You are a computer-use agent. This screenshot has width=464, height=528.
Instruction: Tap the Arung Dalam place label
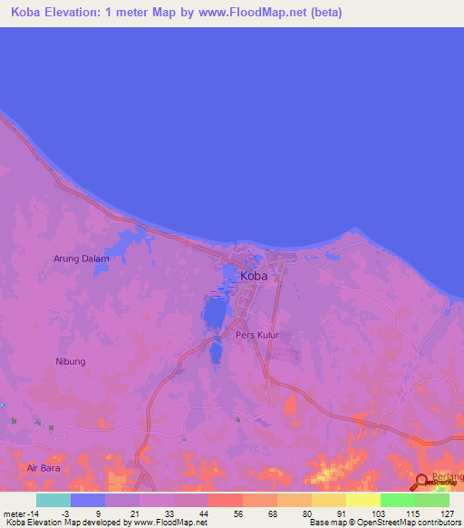pos(82,259)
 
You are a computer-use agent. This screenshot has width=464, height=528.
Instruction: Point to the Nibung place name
pos(71,361)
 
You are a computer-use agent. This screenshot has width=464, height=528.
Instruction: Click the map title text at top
pos(177,13)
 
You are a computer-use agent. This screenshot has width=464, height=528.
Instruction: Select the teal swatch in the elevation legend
pos(53,500)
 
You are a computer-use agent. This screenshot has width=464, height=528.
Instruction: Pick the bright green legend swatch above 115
pos(397,500)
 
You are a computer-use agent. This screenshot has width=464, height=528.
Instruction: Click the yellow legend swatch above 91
pos(362,500)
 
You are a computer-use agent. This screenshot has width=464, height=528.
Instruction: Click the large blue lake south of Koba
pos(214,313)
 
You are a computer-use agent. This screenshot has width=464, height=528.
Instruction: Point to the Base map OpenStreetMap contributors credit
pos(384,523)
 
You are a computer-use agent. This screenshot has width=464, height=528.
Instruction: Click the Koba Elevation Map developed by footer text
pos(104,523)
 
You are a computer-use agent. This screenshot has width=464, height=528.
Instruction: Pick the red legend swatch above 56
pos(225,500)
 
